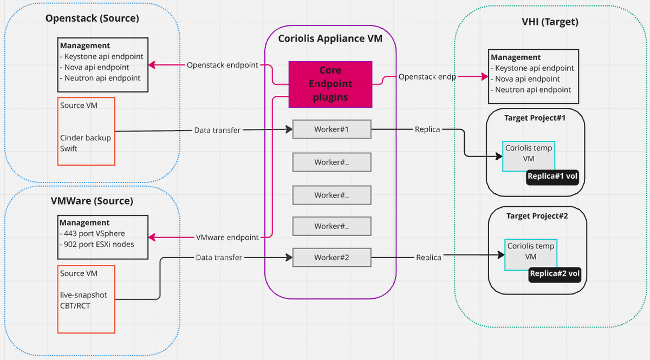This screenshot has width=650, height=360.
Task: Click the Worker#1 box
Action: (331, 130)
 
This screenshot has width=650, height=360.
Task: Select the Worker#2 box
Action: (331, 258)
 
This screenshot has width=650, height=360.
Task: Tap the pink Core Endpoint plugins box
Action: (330, 84)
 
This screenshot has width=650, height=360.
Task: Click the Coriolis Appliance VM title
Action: (330, 38)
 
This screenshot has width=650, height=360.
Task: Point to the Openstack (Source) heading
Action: (92, 18)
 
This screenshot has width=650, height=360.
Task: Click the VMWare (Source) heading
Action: (92, 201)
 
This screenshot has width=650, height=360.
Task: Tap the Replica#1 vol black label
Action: (552, 176)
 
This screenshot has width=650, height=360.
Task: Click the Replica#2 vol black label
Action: (555, 274)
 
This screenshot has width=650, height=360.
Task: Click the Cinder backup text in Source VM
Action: (86, 138)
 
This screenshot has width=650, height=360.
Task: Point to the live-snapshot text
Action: (83, 295)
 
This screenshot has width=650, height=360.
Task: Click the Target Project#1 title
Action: (535, 117)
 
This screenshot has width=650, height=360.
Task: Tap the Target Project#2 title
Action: (537, 216)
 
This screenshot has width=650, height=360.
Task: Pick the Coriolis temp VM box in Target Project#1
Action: (528, 154)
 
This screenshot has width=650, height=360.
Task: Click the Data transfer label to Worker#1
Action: (217, 130)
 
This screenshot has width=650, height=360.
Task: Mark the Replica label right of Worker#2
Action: (428, 258)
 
